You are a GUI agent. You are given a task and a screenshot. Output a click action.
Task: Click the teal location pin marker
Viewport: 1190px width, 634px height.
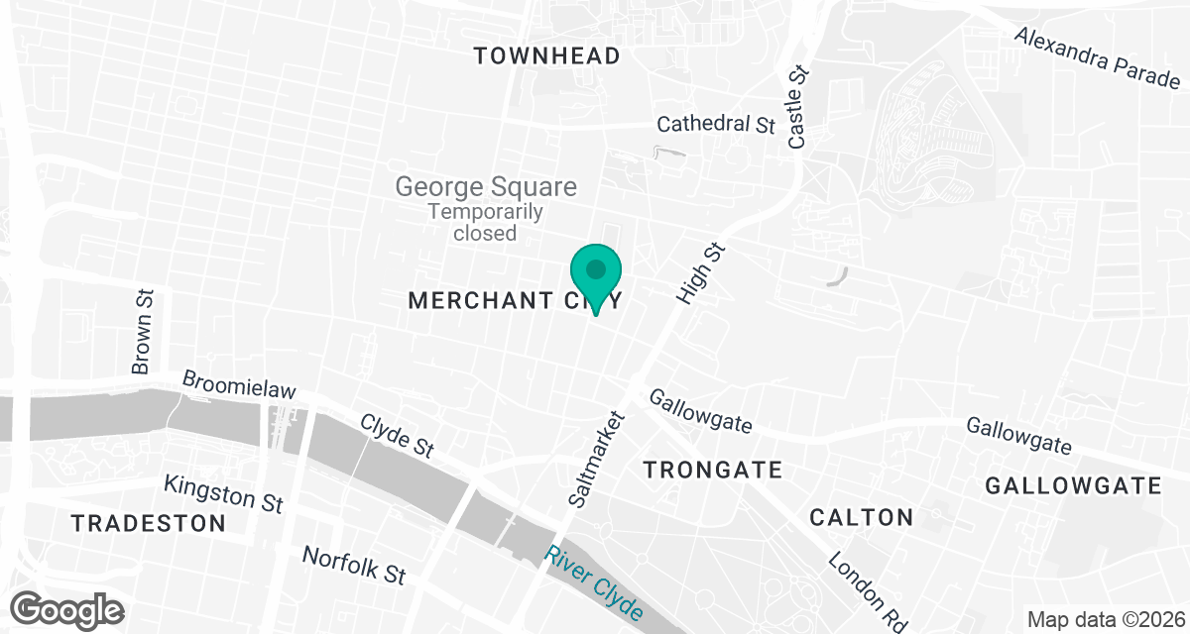coord(595,274)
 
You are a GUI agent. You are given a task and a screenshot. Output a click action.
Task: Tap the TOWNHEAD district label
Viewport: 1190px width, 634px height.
coord(546,55)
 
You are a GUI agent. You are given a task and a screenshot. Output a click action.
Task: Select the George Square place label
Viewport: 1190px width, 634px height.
coord(485,186)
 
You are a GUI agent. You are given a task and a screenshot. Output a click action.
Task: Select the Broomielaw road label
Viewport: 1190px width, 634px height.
coord(239,385)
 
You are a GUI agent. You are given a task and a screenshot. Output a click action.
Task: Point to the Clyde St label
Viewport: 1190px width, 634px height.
coord(397,435)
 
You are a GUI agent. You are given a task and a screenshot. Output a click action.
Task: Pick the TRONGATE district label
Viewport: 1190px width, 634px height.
coord(713,470)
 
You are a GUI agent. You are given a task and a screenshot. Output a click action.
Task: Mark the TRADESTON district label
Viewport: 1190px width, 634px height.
coord(148,523)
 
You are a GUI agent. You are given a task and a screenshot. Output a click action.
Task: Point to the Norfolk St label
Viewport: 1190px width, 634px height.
coord(354,566)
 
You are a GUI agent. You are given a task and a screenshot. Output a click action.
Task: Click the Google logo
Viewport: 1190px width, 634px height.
coord(67,608)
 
